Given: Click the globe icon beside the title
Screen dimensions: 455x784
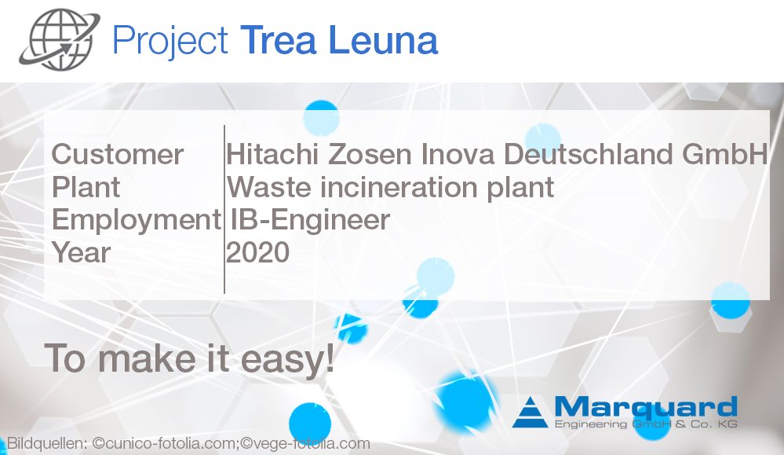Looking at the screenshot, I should coord(60,40).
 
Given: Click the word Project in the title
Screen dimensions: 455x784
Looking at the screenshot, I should coord(170,41).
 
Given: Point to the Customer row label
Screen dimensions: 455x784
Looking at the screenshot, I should coord(118,154).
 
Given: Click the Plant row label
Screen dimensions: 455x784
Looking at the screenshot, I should coord(86,187).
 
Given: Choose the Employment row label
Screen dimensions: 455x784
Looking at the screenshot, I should coord(136,220).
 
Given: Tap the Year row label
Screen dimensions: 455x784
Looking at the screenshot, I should coord(82,253).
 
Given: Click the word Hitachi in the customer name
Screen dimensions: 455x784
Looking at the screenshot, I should coord(272,154).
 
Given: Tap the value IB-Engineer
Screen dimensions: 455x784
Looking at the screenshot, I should coord(311,220).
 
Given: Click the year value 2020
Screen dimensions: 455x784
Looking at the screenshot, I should coord(258,253).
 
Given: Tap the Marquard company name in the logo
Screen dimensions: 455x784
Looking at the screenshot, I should coord(645,407).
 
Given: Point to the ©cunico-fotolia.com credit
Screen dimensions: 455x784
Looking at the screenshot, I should coord(173,444).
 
